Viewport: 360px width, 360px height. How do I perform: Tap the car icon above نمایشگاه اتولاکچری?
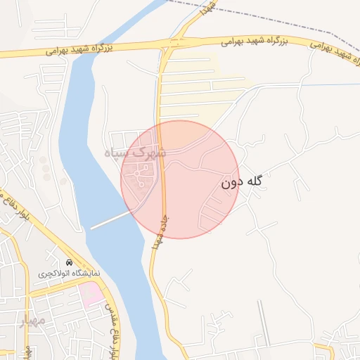pos(69,262)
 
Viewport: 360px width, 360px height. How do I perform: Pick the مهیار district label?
pos(32,322)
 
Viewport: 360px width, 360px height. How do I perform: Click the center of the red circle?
pos(181,179)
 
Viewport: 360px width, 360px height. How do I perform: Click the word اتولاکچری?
pos(59,272)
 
